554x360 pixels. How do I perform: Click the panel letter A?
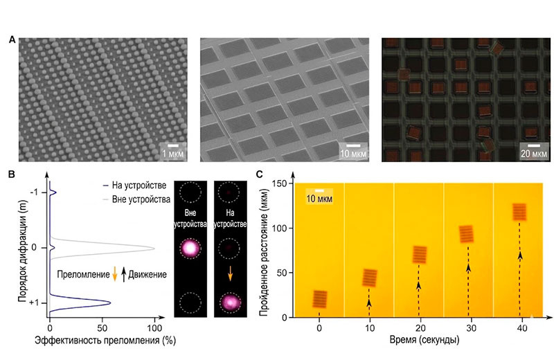12,40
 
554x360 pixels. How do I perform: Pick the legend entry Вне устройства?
141,200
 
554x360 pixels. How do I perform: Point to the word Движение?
147,275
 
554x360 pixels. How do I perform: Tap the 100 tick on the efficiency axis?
154,328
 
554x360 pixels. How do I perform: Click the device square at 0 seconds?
319,298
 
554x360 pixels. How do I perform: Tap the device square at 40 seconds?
520,211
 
